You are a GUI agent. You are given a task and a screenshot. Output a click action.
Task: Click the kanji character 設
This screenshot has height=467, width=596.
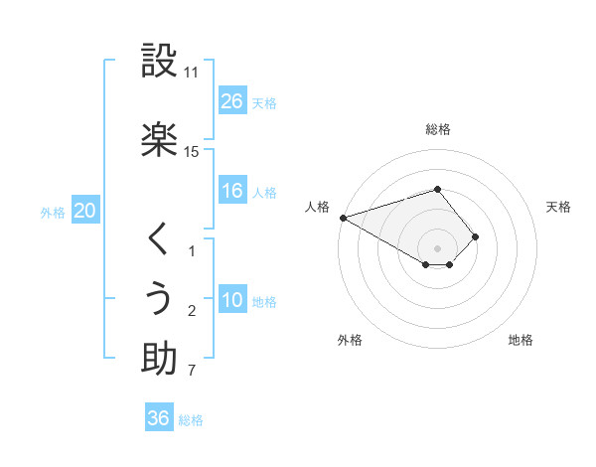tap(159, 63)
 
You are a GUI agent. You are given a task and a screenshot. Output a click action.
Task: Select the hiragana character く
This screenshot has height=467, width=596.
tap(159, 239)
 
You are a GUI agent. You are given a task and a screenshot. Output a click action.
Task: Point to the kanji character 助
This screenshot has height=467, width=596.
tap(159, 358)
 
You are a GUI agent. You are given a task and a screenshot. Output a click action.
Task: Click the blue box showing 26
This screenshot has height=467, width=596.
tap(231, 101)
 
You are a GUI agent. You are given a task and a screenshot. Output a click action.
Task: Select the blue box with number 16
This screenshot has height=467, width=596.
tap(231, 191)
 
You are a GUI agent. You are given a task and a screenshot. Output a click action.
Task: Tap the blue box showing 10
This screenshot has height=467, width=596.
tap(231, 300)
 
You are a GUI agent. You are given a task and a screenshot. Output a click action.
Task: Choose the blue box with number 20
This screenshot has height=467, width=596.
tap(84, 211)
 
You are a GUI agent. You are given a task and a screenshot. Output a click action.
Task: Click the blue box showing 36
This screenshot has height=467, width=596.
tap(159, 418)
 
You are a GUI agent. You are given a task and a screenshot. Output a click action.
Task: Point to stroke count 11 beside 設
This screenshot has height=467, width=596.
tap(192, 74)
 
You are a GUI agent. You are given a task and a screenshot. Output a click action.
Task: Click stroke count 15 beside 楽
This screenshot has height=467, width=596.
tap(192, 151)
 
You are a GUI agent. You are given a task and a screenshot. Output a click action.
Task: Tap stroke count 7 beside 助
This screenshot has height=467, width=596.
tap(192, 372)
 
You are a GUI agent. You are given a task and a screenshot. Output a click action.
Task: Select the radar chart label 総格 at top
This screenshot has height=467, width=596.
tap(438, 129)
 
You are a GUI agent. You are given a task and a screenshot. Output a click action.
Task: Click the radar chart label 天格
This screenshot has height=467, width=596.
tap(558, 207)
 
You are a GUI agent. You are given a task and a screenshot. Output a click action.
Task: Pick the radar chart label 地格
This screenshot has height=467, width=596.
tap(521, 341)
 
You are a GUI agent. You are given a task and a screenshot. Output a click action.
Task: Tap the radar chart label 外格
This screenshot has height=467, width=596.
tap(350, 341)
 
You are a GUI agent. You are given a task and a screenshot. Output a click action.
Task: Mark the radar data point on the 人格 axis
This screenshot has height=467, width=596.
tap(343, 218)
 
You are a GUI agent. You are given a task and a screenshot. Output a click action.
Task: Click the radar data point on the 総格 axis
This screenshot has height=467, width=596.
tap(437, 189)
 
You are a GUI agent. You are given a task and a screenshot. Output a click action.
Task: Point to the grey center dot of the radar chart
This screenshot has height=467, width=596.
tap(437, 247)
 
